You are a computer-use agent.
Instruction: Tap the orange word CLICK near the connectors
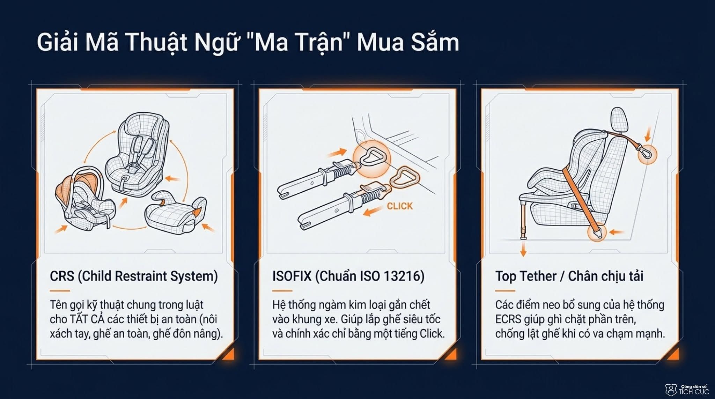click(400, 206)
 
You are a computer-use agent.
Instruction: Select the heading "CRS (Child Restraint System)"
click(134, 276)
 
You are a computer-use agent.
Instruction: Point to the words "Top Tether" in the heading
click(526, 276)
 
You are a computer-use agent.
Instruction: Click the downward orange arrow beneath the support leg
click(523, 249)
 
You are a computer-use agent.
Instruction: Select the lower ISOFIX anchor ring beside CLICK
click(404, 177)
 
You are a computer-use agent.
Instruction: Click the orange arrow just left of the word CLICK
click(373, 210)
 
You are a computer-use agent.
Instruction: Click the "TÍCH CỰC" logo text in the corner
click(694, 392)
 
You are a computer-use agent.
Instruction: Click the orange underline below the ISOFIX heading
click(282, 290)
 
